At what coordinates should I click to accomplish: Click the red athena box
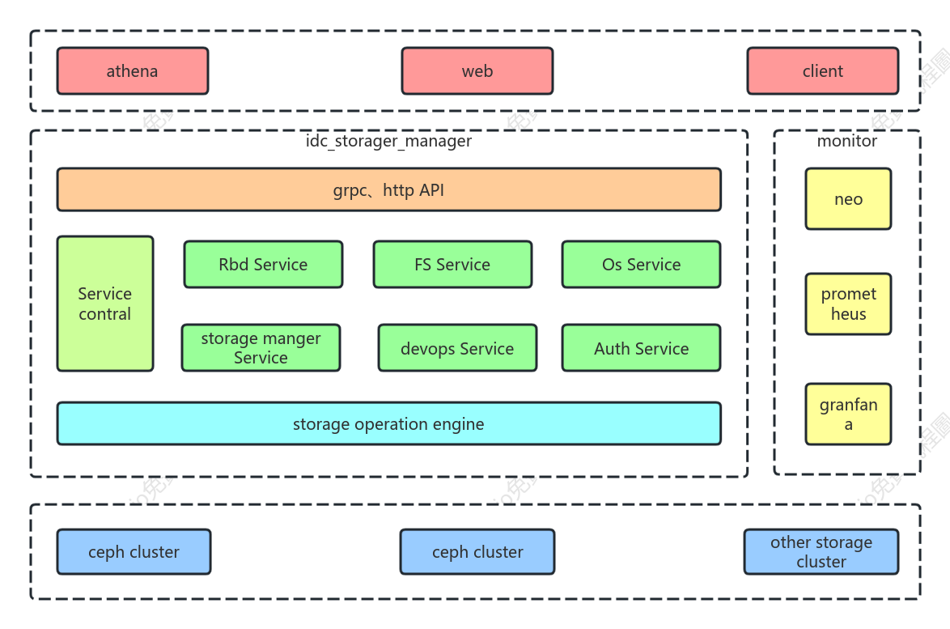(133, 71)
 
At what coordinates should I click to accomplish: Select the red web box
(477, 71)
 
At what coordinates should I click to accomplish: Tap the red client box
(823, 71)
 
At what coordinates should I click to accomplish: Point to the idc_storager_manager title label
(388, 141)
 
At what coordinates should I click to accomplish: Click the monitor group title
(847, 141)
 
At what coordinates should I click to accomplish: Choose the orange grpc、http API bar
(389, 189)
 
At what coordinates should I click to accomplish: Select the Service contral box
(105, 304)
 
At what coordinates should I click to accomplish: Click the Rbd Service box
(263, 264)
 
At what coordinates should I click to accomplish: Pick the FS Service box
(452, 264)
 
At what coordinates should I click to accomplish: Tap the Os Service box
(641, 264)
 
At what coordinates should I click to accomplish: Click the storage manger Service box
(261, 348)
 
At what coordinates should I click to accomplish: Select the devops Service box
(457, 348)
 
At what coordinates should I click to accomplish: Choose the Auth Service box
(641, 348)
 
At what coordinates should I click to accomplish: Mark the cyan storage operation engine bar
(389, 423)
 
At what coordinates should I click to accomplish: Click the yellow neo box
(848, 199)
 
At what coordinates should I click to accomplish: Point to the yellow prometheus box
(848, 304)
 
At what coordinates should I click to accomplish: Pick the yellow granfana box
(848, 414)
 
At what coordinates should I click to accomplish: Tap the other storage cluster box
(821, 551)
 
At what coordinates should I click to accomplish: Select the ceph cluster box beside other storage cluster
(477, 551)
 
